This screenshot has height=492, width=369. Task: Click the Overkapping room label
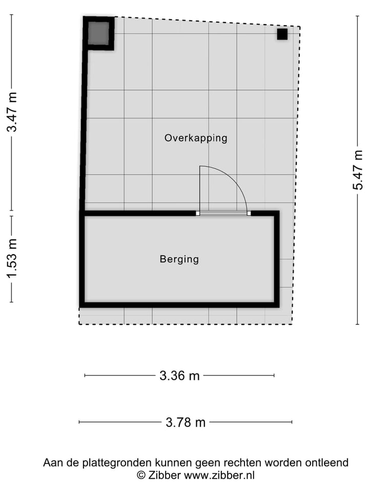pyautogui.click(x=195, y=138)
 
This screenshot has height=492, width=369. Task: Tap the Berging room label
pyautogui.click(x=179, y=259)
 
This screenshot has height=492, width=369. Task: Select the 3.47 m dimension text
pyautogui.click(x=11, y=112)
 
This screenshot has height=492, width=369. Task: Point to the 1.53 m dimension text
pyautogui.click(x=11, y=259)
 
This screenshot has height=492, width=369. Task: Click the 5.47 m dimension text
pyautogui.click(x=357, y=170)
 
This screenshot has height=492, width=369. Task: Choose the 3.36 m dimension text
pyautogui.click(x=179, y=376)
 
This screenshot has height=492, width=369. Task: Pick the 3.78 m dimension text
pyautogui.click(x=185, y=422)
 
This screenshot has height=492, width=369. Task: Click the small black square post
pyautogui.click(x=282, y=34)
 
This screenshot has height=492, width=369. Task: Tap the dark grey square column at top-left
pyautogui.click(x=98, y=33)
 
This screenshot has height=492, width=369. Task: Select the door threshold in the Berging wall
pyautogui.click(x=223, y=213)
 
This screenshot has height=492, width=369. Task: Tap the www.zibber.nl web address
pyautogui.click(x=219, y=475)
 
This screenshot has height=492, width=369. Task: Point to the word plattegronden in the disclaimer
pyautogui.click(x=107, y=463)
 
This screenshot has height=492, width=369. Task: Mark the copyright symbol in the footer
pyautogui.click(x=141, y=475)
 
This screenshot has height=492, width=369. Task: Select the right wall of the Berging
pyautogui.click(x=277, y=259)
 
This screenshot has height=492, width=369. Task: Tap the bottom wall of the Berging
pyautogui.click(x=179, y=304)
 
